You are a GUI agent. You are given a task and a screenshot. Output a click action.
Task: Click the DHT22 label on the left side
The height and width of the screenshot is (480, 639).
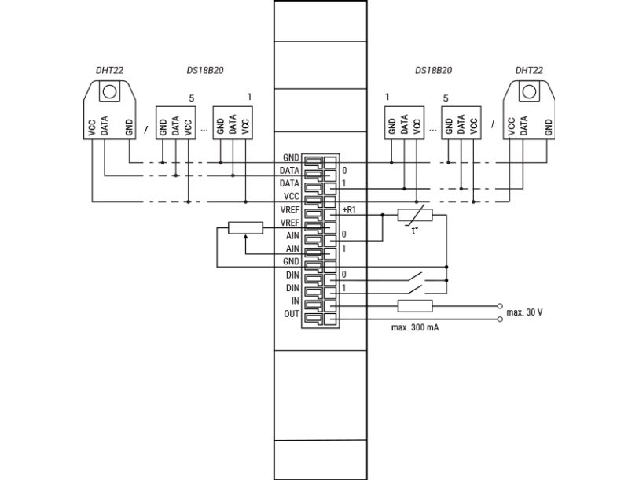coord(109,70)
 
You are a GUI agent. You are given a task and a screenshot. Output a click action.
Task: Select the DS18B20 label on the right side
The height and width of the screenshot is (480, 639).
coord(433,70)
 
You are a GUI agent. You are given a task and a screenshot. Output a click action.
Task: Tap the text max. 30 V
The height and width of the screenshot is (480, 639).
coord(524,312)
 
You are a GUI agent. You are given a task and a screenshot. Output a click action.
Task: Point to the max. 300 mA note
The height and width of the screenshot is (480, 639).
coord(415,327)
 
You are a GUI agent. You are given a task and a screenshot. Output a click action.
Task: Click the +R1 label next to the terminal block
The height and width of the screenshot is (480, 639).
coord(349,210)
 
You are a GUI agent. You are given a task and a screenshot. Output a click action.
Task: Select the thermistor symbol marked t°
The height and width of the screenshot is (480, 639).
coord(415,216)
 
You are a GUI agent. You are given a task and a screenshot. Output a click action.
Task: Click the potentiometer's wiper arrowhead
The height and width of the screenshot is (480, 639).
coord(245,237)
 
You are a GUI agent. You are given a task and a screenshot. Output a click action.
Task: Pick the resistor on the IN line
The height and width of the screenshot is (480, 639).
coord(415,306)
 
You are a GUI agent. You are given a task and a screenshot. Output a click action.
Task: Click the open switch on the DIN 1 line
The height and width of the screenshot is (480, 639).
coord(416,290)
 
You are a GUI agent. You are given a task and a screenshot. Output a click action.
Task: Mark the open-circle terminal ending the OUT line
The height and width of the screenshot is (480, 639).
coord(500,319)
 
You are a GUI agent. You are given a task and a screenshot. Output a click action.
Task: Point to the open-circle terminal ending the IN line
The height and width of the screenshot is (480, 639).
coord(500,306)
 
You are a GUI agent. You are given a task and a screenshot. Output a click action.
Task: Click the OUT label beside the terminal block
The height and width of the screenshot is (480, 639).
coord(292,314)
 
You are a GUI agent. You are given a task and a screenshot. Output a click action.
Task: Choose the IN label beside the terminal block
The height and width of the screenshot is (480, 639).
coord(295,301)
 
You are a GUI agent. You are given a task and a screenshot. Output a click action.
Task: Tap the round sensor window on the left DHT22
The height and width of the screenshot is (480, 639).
coord(109,91)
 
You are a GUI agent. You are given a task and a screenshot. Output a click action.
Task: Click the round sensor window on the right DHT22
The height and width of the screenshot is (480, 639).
coord(530,91)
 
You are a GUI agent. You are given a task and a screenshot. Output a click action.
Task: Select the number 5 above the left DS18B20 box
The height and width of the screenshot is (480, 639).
coord(192,98)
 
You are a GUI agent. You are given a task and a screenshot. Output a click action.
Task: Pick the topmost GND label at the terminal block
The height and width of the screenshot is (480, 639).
coord(291,157)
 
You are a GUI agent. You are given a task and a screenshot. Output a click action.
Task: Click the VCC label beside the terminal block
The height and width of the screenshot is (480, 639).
coord(292,196)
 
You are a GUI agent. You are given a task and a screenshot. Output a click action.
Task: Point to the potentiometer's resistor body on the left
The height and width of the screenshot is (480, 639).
coord(245,228)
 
